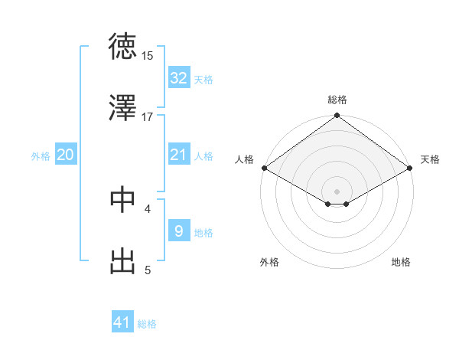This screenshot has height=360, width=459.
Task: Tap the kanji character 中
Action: [122, 199]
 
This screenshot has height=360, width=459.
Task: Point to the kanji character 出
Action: [122, 261]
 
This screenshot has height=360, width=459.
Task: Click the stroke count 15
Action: [148, 55]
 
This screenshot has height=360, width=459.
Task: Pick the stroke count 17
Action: [148, 116]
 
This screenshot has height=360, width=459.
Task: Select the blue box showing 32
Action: [178, 77]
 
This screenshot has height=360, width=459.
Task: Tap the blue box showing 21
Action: [178, 155]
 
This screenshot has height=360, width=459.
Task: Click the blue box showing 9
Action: [178, 231]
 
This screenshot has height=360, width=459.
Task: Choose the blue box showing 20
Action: [65, 155]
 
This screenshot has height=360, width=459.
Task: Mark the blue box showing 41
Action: [122, 322]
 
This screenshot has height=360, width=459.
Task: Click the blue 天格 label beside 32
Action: [203, 79]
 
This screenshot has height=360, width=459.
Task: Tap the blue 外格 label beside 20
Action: [41, 155]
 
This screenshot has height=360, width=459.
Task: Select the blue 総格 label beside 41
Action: [147, 324]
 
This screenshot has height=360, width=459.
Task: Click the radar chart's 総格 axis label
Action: [337, 100]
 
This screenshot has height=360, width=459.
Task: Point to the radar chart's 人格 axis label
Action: [245, 159]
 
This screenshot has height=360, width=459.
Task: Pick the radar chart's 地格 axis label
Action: [401, 262]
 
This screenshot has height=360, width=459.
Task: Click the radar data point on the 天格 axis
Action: [411, 168]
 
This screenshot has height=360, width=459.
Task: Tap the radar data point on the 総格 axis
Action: [337, 116]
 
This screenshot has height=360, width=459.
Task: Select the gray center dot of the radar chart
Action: [337, 191]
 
